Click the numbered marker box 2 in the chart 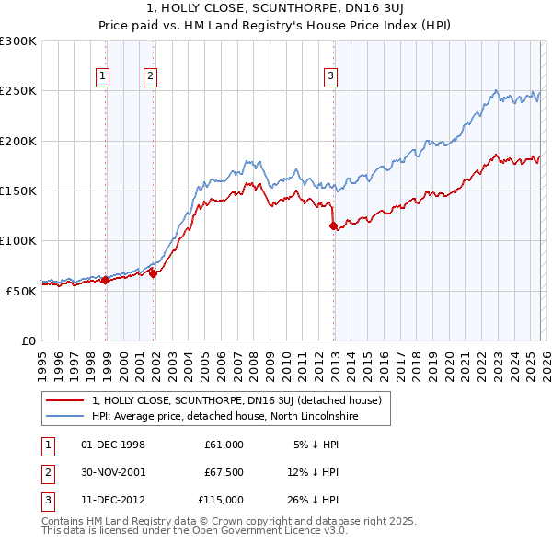click(x=150, y=77)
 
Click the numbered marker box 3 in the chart click(x=330, y=77)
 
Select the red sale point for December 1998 click(x=106, y=280)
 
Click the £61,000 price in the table click(x=224, y=445)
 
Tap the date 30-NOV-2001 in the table click(x=113, y=472)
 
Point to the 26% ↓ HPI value click(x=316, y=500)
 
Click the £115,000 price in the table click(x=221, y=500)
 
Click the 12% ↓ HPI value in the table click(x=316, y=472)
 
